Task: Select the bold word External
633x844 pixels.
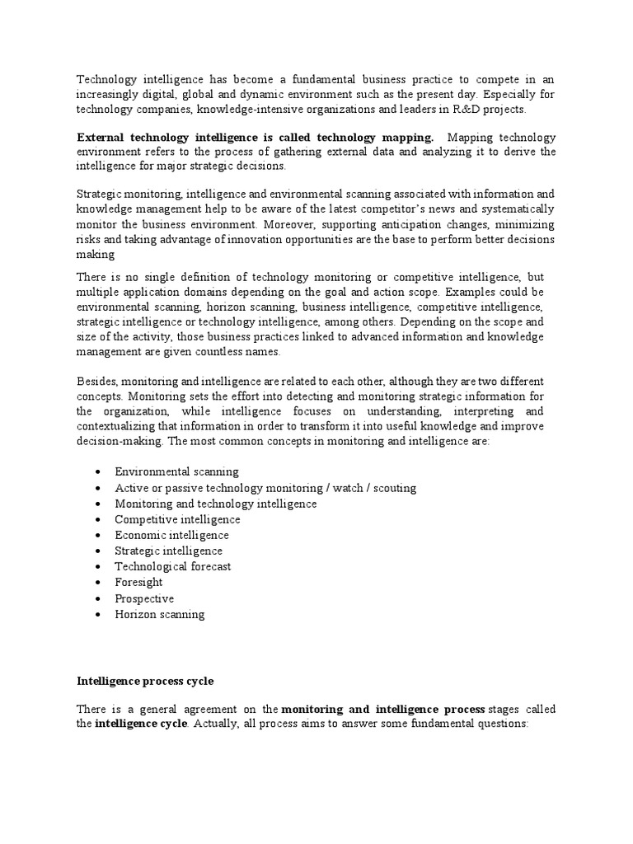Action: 100,137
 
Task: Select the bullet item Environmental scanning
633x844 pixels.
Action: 176,471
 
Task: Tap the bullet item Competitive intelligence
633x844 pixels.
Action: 177,519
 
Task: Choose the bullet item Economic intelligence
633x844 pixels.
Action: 171,535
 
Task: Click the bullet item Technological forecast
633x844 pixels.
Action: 173,566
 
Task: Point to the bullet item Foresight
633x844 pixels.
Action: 138,582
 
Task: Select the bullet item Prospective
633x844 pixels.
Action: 144,598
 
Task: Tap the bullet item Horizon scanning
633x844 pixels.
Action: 159,614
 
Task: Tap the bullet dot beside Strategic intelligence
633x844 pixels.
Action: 98,551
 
